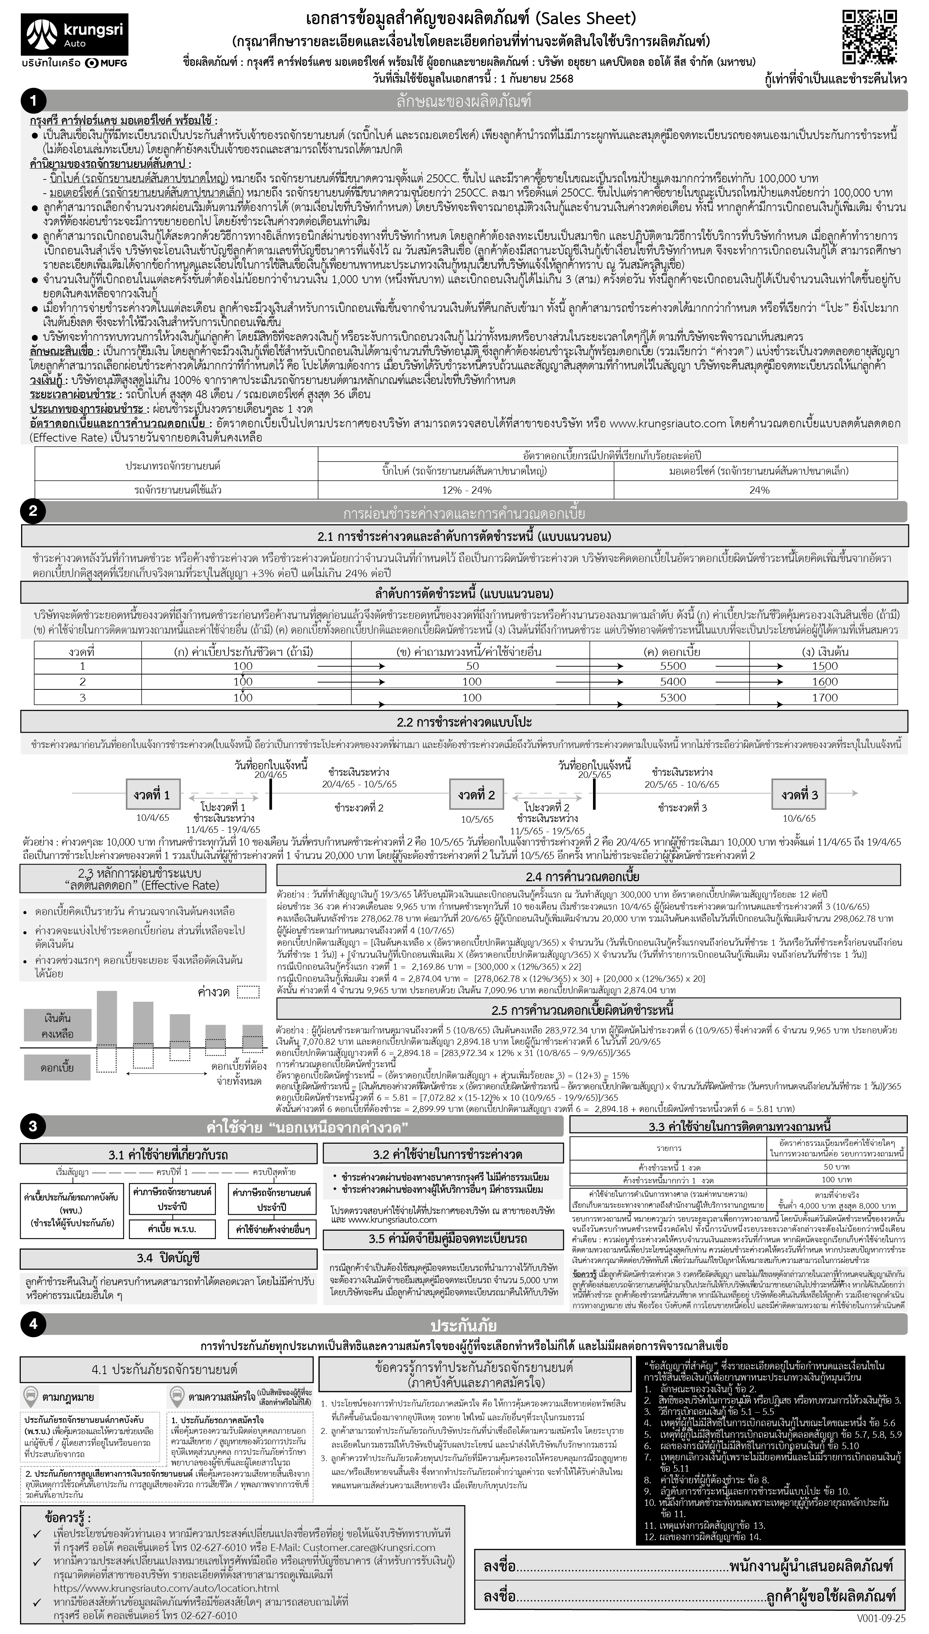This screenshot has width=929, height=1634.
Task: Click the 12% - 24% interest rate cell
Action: click(x=466, y=490)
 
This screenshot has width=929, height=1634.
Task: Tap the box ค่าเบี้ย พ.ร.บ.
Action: click(x=171, y=1229)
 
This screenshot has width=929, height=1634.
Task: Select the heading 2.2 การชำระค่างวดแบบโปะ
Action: click(x=464, y=722)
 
